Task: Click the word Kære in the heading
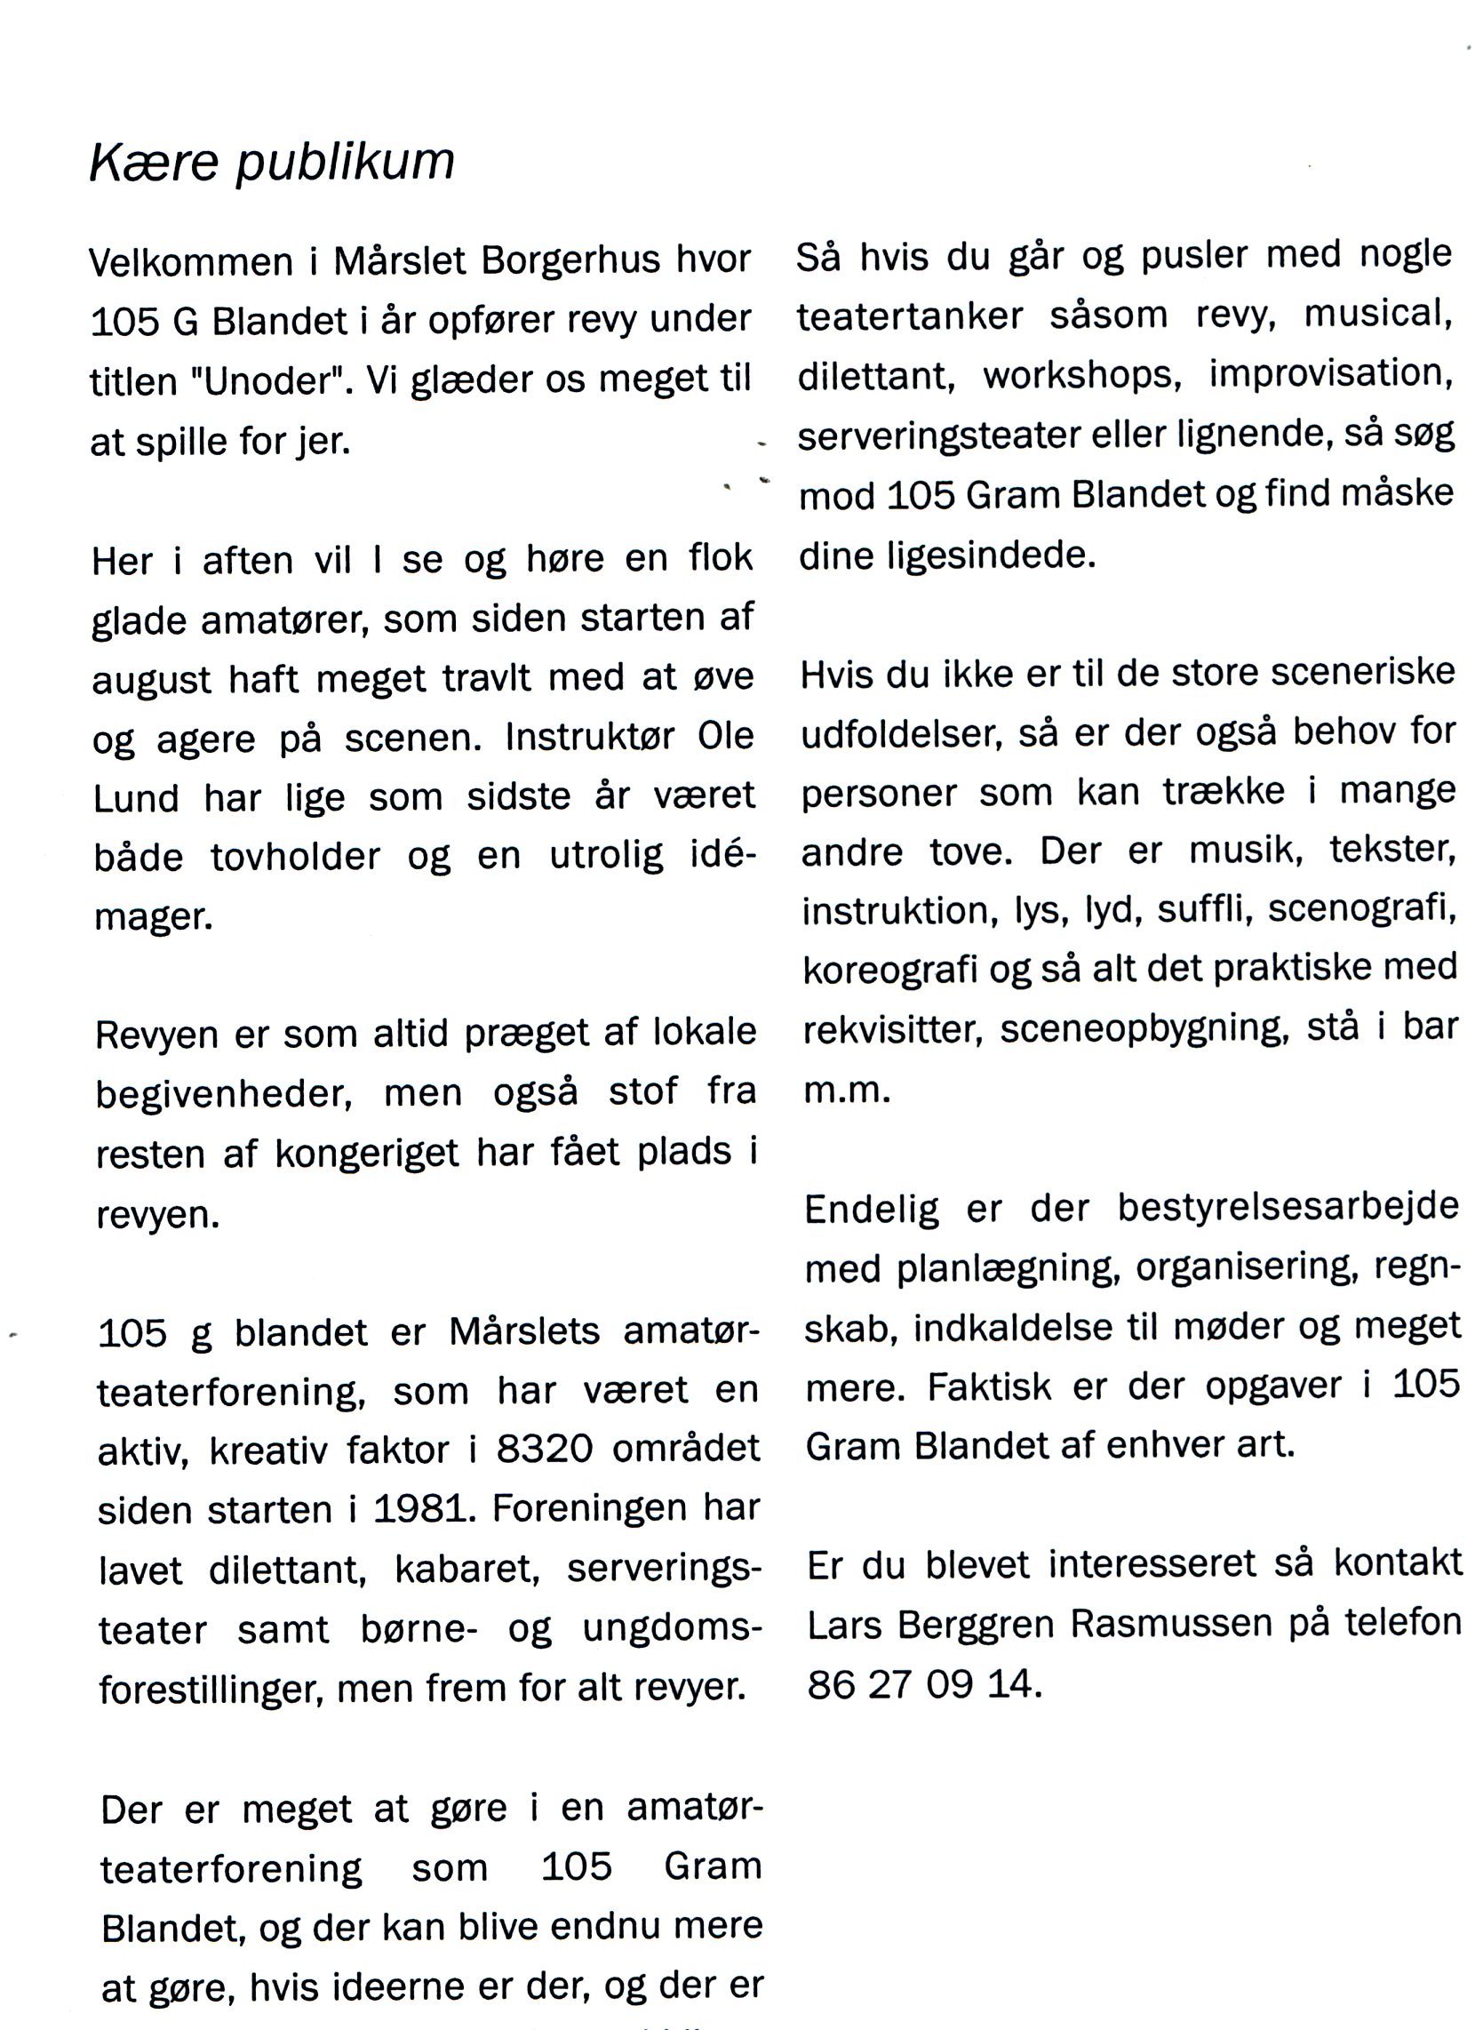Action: (153, 163)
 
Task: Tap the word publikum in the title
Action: (345, 164)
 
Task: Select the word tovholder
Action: (295, 859)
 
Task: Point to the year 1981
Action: (422, 1510)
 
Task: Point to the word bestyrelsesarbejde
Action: (1288, 1208)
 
